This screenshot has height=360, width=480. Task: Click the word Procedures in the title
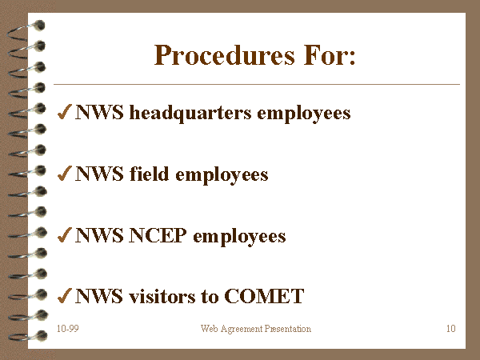point(225,55)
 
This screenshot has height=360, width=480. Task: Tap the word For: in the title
point(330,55)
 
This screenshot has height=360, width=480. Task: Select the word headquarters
point(190,114)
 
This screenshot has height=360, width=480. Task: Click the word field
point(149,174)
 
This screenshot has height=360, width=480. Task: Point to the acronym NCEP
point(158,235)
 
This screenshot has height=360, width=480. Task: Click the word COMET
point(264,296)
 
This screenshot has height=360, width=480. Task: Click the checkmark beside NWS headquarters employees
point(65,111)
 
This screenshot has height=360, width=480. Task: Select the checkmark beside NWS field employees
point(65,173)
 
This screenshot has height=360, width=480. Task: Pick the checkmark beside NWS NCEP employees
point(65,234)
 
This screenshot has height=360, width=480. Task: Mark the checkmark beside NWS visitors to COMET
point(65,296)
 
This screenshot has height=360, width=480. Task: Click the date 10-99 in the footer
point(68,329)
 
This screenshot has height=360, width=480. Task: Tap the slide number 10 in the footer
point(451,329)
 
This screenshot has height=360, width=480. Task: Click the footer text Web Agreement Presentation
point(256,329)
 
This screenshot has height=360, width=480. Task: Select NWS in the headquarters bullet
point(99,112)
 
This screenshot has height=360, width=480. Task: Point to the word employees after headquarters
point(304,114)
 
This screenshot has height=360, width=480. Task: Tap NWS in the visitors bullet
point(99,296)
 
